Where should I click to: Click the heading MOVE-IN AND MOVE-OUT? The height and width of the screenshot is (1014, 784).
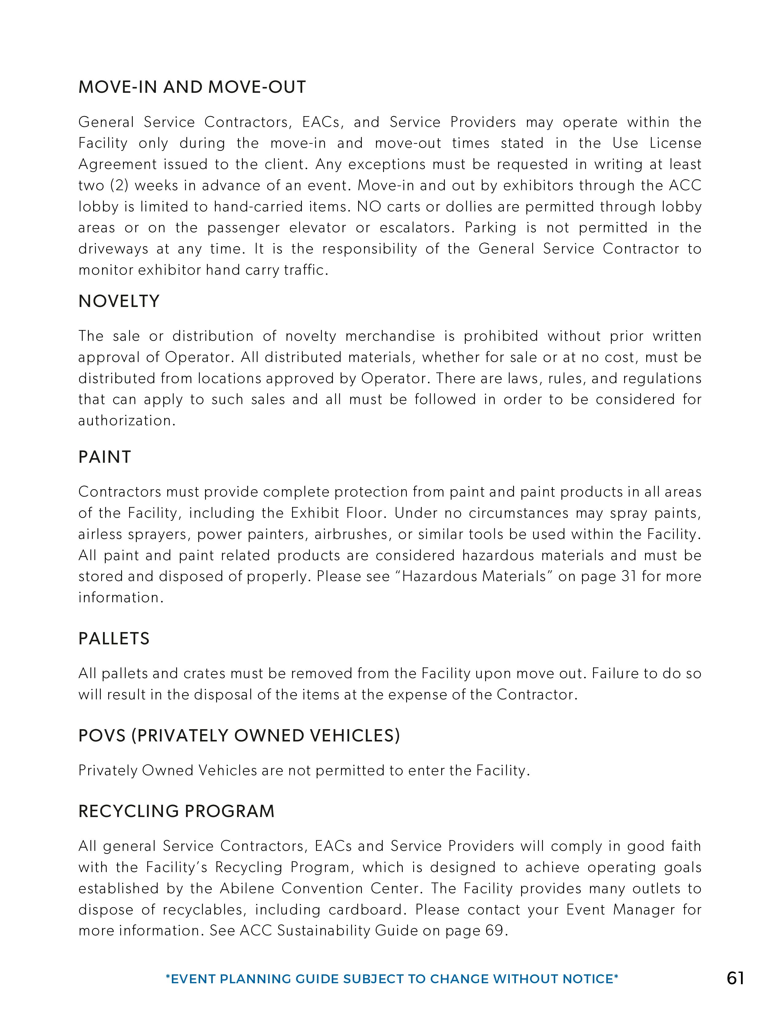(x=192, y=87)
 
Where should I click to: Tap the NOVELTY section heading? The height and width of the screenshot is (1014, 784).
(x=119, y=301)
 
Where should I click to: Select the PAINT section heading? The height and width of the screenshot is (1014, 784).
(x=105, y=457)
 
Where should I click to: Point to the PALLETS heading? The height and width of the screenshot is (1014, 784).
(x=114, y=639)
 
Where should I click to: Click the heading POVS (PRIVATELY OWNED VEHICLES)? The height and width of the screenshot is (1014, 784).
(x=239, y=736)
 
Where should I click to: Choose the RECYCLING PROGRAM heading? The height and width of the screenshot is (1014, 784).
(x=176, y=812)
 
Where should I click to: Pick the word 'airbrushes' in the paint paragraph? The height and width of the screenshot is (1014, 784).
(x=351, y=534)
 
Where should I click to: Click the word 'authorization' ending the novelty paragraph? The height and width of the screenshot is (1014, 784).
(x=125, y=421)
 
